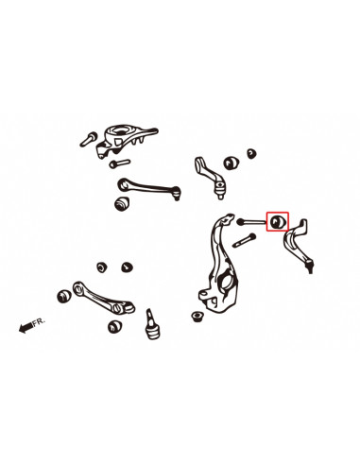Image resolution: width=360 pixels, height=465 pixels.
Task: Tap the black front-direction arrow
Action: coord(23,329)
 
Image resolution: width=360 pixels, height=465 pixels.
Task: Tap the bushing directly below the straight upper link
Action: coord(121,203)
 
